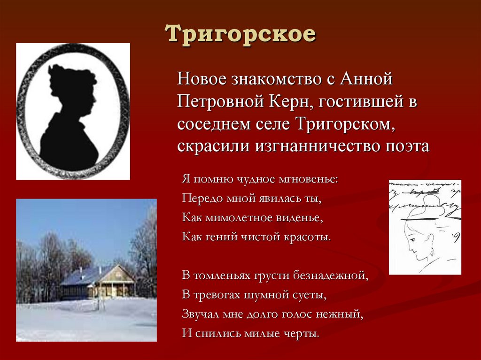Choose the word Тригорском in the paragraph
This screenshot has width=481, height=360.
[x=344, y=123]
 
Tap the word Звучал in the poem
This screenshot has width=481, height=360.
[x=197, y=314]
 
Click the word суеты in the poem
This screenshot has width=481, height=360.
[x=308, y=295]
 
